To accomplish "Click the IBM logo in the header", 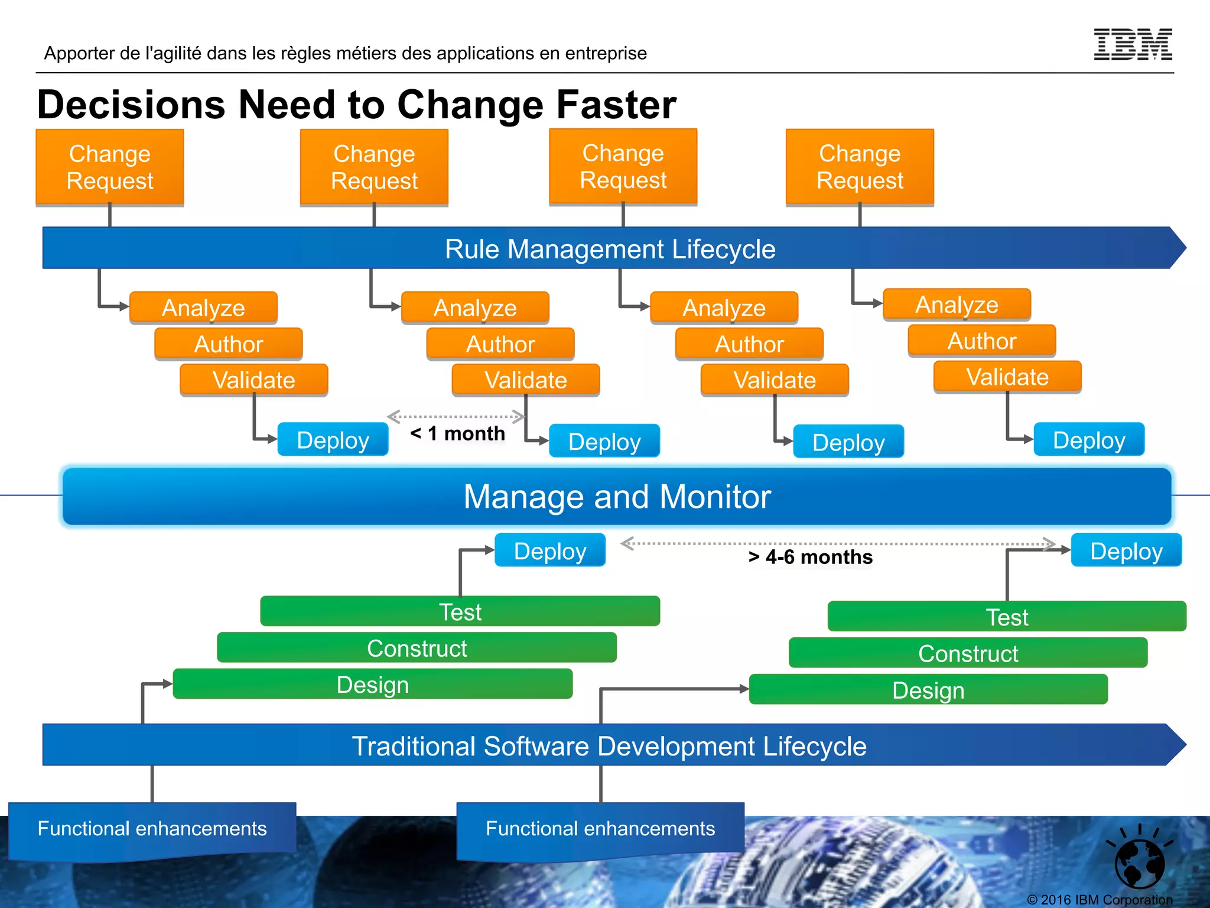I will click(1133, 44).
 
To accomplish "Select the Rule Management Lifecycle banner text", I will click(610, 249).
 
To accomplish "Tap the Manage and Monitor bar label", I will click(617, 497).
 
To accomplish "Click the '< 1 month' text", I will click(458, 433).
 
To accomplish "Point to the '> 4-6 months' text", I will click(810, 557).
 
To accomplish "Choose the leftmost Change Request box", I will click(110, 167).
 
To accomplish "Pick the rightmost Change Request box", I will click(860, 167).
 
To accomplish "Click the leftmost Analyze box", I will click(203, 307).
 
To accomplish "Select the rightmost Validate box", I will click(1007, 377).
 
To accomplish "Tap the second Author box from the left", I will click(500, 344).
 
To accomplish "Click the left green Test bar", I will click(460, 611).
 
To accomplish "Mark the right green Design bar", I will click(928, 690).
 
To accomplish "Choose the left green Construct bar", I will click(417, 648).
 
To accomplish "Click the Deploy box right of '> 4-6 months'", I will click(1126, 550).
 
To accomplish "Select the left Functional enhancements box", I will click(152, 828).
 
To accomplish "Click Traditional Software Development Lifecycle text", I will click(609, 745).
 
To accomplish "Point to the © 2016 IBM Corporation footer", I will click(1100, 900).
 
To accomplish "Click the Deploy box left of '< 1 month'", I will click(333, 440).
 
